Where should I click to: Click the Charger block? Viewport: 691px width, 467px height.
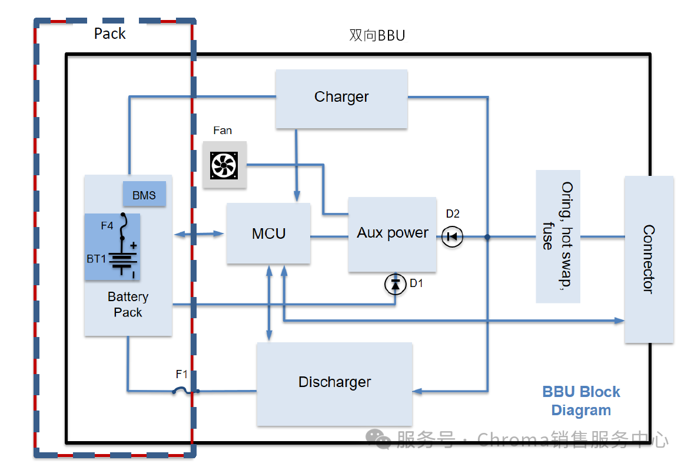341,98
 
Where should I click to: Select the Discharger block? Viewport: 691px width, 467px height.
334,383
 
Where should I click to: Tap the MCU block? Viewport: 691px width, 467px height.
268,233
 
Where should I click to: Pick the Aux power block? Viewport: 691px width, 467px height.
392,234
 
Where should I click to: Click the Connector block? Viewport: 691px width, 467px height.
649,259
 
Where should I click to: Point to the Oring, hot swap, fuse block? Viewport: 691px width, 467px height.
557,236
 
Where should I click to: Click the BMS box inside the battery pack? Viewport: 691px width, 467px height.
144,195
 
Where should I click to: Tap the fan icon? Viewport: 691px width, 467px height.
224,165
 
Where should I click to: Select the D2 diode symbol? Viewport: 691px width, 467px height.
453,237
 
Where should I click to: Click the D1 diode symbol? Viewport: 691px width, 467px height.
395,285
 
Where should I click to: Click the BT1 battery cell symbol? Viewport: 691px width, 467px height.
122,259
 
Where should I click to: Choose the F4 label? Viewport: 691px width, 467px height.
107,225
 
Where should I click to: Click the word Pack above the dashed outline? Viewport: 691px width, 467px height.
110,34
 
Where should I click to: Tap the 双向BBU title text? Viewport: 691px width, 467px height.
377,36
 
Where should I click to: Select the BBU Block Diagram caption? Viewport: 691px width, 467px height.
581,401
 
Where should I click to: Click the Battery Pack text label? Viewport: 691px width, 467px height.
128,305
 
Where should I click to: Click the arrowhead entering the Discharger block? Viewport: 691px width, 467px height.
419,391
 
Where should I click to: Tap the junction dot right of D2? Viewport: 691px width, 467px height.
487,237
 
